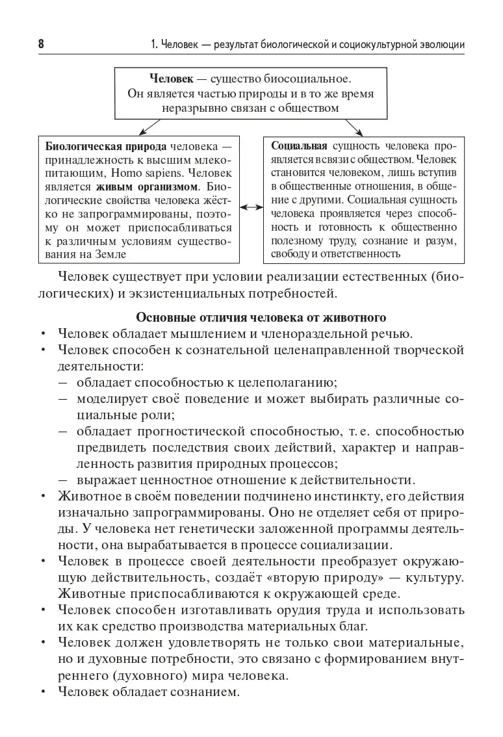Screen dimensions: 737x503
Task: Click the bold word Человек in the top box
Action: coord(171,79)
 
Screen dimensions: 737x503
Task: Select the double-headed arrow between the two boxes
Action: coord(251,207)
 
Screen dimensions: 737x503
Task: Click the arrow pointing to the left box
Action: coord(149,126)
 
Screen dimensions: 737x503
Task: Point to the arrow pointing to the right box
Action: coord(354,126)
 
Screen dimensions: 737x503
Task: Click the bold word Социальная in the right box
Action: coord(299,145)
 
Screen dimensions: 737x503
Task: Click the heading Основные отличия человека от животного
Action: coord(261,318)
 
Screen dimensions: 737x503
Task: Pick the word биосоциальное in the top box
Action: coord(310,79)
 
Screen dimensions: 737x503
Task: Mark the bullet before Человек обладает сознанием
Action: coord(43,692)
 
